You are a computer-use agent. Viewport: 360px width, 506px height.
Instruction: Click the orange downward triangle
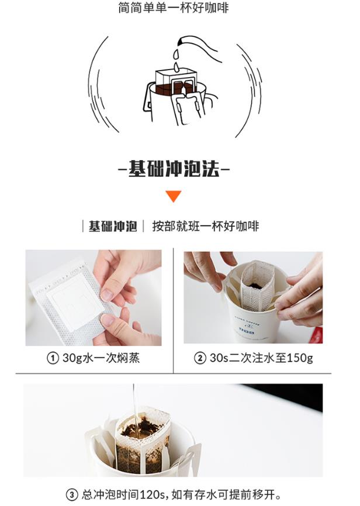click(x=174, y=196)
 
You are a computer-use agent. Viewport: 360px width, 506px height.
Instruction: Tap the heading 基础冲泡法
click(x=174, y=168)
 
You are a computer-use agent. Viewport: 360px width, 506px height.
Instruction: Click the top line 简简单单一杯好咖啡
click(x=174, y=8)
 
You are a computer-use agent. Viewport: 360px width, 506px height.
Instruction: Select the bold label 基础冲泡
click(x=113, y=226)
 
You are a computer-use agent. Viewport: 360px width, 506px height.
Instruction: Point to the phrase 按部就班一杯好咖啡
click(x=206, y=226)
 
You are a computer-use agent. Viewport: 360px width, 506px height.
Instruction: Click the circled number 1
click(x=53, y=358)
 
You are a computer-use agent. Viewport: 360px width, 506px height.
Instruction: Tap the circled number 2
click(x=200, y=358)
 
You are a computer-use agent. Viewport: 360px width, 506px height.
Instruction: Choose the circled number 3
click(x=72, y=495)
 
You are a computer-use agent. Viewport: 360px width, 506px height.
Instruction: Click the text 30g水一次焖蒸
click(x=101, y=358)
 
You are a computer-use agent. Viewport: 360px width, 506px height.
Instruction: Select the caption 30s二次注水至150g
click(x=261, y=358)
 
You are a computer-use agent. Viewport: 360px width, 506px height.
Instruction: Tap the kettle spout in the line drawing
click(x=181, y=41)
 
